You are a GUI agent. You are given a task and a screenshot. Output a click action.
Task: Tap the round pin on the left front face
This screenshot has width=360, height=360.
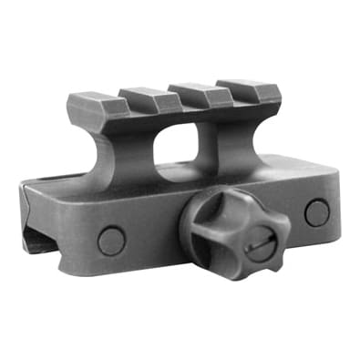tap(111, 241)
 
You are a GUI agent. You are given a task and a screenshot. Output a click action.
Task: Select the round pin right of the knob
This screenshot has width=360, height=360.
tap(316, 212)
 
